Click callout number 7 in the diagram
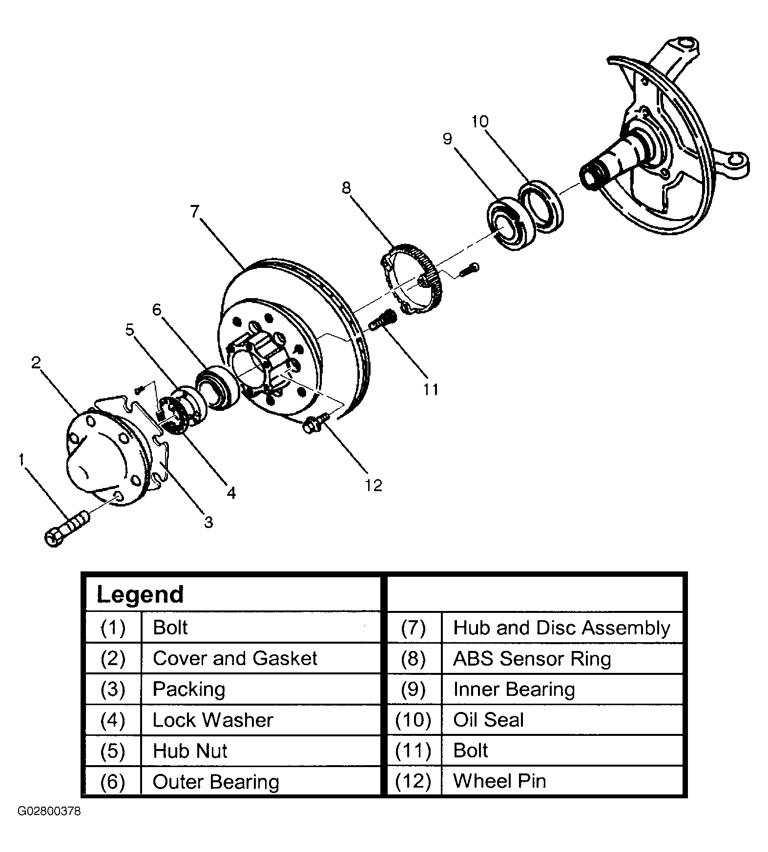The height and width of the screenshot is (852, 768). click(195, 213)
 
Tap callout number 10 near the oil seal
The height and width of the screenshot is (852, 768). click(480, 122)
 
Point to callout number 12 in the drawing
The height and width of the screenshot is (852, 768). click(373, 485)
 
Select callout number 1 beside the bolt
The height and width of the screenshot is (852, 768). click(21, 460)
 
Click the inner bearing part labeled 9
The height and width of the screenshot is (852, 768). click(512, 224)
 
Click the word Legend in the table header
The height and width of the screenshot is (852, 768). click(140, 594)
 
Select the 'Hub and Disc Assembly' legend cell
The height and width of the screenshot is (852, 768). click(561, 628)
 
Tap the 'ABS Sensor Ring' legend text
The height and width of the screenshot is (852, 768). click(532, 659)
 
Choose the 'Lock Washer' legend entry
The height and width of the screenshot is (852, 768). click(212, 720)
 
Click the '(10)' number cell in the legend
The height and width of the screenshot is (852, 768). click(413, 720)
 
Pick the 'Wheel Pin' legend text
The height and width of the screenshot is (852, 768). click(499, 781)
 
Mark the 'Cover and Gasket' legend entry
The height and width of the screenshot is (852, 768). click(235, 659)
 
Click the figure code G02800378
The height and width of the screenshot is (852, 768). click(49, 811)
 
